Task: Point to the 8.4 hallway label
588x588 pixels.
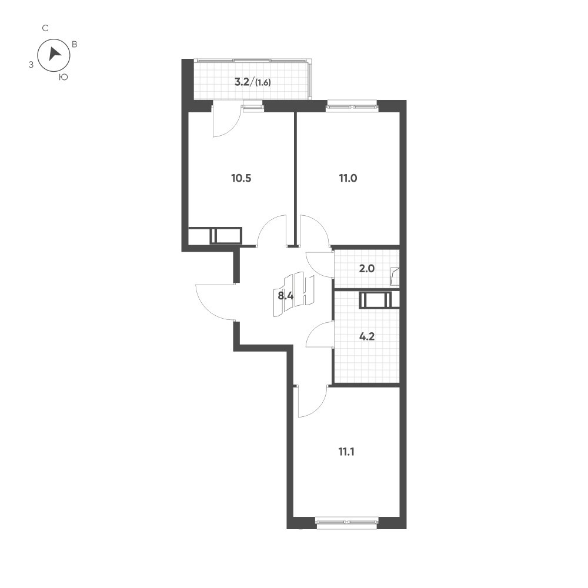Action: point(286,296)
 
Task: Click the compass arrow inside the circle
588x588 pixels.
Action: point(54,54)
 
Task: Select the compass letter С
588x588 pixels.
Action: point(45,28)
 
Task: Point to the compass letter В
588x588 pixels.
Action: point(75,44)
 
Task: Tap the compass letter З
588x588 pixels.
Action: point(31,65)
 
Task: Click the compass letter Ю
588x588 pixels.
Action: point(64,77)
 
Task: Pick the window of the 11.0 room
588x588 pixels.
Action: point(352,106)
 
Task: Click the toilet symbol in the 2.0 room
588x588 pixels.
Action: point(395,276)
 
